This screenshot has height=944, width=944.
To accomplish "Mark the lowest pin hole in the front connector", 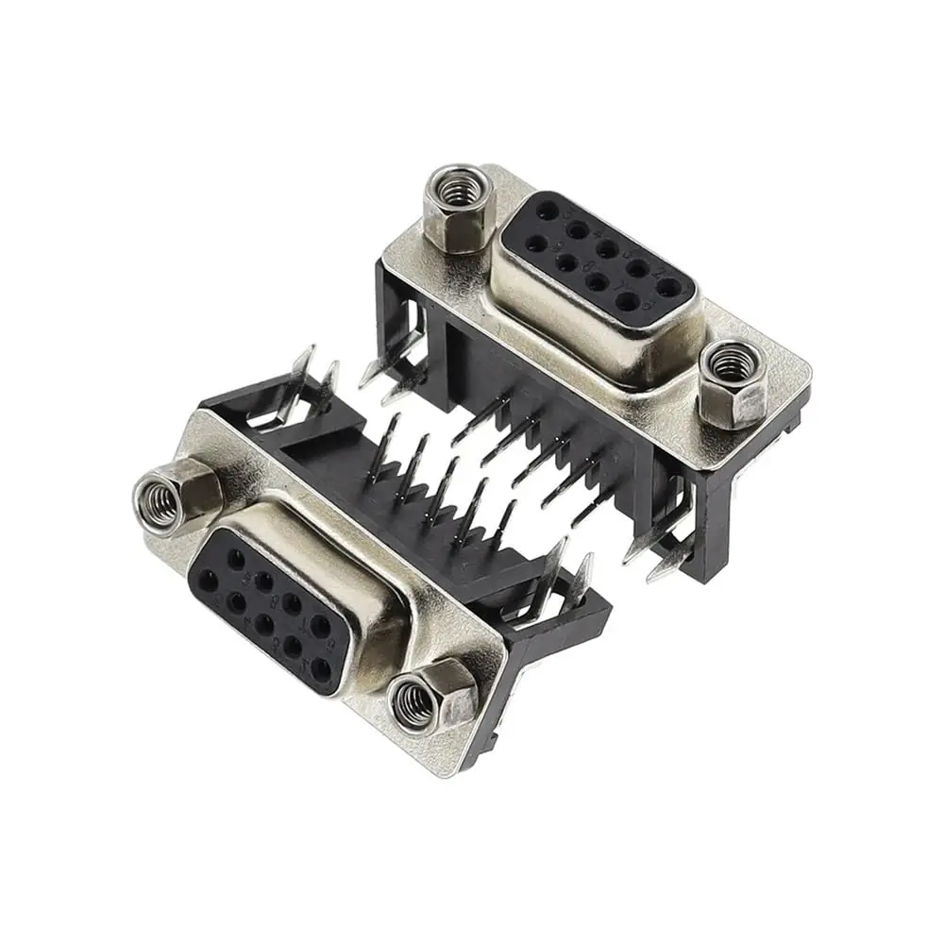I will (322, 671).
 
